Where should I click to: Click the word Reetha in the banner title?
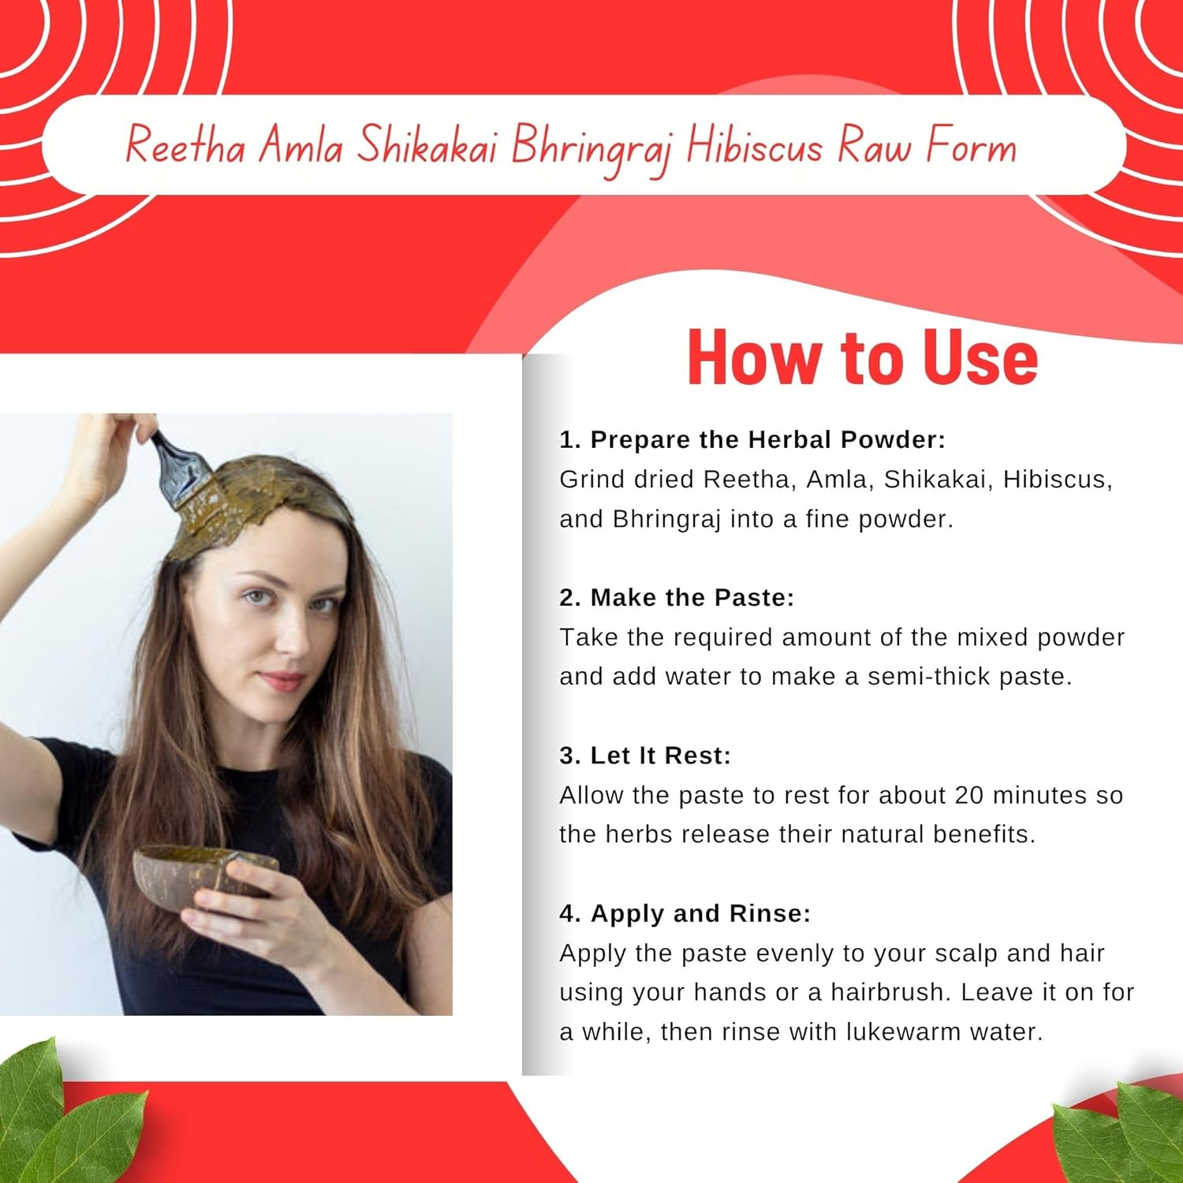pyautogui.click(x=185, y=146)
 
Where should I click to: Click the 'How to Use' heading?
pyautogui.click(x=862, y=357)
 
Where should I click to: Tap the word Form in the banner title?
pyautogui.click(x=972, y=146)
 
